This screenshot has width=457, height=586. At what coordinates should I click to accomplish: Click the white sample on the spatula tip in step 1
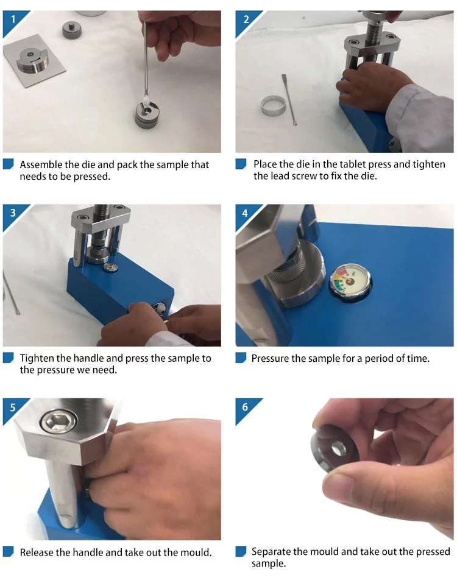coord(146,100)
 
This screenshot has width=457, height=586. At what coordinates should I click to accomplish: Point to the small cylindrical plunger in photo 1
coord(72,29)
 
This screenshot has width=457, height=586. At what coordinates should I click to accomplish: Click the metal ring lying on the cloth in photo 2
coord(274,105)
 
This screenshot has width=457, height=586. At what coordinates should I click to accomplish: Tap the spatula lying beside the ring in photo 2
coord(289,99)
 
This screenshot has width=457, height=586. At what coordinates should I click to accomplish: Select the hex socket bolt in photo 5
coord(59,422)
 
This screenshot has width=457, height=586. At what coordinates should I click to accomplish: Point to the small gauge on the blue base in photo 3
coord(110,268)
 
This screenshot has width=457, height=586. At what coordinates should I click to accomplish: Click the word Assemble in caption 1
coord(41,165)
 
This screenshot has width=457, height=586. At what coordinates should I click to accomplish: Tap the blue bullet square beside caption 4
coord(241,358)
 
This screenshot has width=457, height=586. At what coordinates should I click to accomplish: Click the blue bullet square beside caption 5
coord(9,552)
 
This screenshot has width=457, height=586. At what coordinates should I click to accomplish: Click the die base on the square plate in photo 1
coord(32,60)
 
